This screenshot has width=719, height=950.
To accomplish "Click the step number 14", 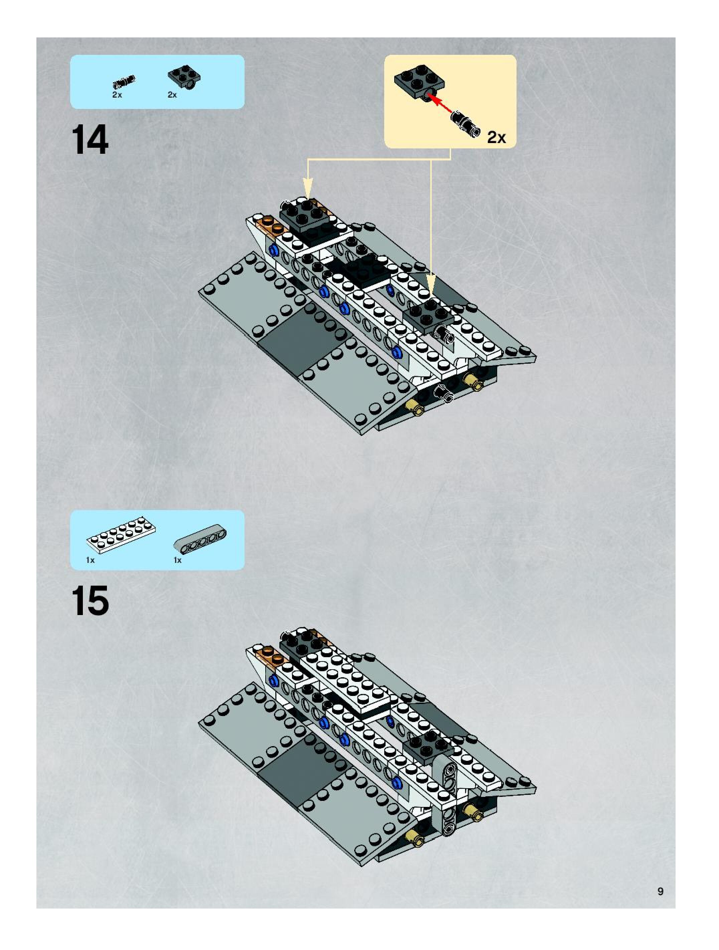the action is point(90,140).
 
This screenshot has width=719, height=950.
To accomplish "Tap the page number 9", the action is point(660,891).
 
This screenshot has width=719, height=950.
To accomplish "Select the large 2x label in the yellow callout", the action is point(496,137).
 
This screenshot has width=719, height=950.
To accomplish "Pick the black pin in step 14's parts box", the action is point(124,81).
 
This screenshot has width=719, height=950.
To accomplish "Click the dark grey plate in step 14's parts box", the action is point(184,77).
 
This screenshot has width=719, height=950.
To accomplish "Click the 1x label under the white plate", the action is point(90,560).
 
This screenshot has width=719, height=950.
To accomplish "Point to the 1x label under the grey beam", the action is point(177,560).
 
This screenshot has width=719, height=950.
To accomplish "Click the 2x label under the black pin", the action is point(117,95).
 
